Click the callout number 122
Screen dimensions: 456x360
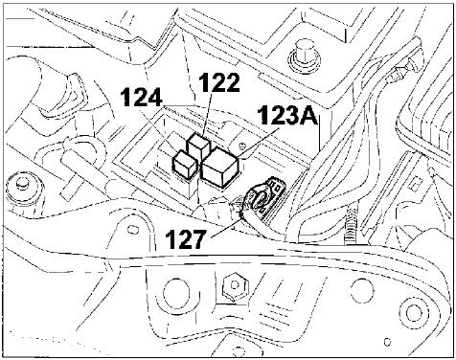click(x=219, y=82)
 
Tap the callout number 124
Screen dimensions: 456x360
click(x=141, y=98)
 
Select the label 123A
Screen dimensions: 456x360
click(x=288, y=115)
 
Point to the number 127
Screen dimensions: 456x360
click(x=185, y=239)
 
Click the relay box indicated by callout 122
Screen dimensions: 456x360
click(x=198, y=147)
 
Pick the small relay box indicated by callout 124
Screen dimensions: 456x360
click(x=185, y=164)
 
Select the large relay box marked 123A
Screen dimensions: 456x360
click(x=220, y=168)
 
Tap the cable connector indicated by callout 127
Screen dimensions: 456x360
click(x=263, y=198)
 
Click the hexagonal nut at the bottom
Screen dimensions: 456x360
click(x=235, y=285)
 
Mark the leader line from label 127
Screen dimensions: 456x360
click(x=226, y=228)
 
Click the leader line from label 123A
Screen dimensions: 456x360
click(x=260, y=143)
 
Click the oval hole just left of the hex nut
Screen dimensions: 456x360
click(x=171, y=293)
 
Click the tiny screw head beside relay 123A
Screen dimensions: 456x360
click(x=242, y=146)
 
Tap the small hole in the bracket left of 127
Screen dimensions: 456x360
click(x=130, y=229)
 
